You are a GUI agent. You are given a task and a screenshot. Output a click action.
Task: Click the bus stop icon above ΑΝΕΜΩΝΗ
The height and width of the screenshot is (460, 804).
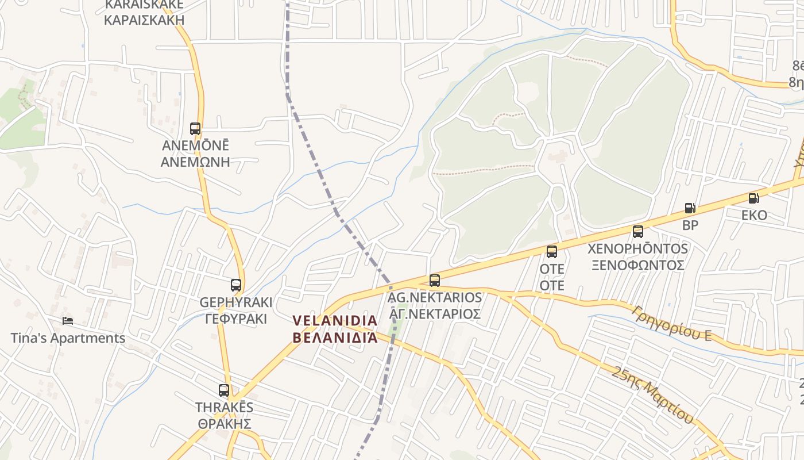click(195, 129)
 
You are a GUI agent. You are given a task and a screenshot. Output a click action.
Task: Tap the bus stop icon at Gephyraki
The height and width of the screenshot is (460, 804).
click(235, 285)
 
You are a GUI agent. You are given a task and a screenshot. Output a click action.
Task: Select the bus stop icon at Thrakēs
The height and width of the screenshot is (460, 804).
click(224, 390)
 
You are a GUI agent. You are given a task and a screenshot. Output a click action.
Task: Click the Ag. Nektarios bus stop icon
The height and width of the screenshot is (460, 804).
click(435, 281)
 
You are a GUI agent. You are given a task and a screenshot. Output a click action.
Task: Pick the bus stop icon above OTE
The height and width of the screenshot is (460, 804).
click(552, 251)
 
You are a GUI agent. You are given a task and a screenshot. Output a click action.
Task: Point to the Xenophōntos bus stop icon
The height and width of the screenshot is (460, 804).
click(637, 232)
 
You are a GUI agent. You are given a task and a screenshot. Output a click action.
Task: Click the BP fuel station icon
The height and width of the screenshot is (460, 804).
click(690, 208)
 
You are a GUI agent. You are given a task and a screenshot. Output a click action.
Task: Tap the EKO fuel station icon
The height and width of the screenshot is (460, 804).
click(753, 198)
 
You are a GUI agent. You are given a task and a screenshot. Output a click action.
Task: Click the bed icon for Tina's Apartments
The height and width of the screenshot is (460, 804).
click(68, 320)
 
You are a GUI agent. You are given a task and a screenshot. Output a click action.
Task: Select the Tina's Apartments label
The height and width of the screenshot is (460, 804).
click(68, 338)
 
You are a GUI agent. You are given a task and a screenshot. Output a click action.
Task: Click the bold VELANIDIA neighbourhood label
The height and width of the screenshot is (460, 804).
click(335, 320)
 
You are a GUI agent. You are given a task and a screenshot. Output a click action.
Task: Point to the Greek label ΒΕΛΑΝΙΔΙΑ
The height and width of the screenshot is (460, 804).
click(335, 337)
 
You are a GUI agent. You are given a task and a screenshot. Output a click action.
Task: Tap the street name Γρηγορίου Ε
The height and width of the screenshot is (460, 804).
click(671, 323)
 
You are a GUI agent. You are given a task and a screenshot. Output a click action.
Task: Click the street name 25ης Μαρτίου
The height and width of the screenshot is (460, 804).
click(652, 395)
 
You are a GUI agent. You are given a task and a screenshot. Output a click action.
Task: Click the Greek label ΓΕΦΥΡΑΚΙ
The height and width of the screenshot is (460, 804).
click(236, 319)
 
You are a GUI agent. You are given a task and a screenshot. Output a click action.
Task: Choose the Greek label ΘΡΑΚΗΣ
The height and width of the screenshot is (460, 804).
click(225, 424)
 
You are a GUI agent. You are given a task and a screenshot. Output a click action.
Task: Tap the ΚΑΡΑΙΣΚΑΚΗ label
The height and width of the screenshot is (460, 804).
click(144, 20)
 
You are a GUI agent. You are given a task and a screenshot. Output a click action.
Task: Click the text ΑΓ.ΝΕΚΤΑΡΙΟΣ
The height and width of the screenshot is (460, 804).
click(435, 314)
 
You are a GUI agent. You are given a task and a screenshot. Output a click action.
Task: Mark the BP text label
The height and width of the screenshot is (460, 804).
click(690, 225)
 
